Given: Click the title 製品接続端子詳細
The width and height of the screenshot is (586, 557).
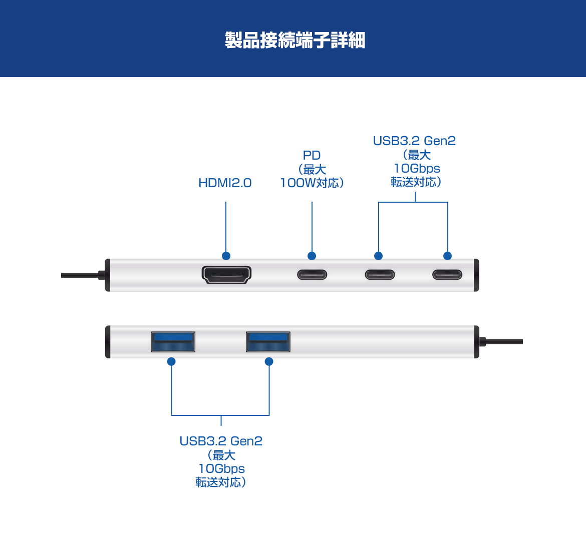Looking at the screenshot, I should pos(295,40).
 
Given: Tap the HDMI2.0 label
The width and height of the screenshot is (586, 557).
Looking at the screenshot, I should pos(225,183).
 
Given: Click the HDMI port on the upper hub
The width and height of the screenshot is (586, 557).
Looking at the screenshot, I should pos(226,275).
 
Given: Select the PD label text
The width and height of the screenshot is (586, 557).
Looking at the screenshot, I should pos(312,156).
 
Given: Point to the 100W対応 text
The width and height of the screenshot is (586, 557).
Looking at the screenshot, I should pos(312,183).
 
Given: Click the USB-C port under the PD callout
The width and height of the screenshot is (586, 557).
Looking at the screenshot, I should pos(312,275).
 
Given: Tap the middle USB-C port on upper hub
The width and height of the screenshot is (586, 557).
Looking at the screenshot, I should pos(380,275).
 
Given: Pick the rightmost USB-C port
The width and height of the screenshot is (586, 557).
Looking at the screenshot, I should pos(447,275).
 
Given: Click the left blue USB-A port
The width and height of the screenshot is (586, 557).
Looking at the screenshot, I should pos(173,342).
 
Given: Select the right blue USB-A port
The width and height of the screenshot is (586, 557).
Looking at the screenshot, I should pos(268,342).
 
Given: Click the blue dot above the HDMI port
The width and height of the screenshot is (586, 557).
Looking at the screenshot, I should pos(226,256).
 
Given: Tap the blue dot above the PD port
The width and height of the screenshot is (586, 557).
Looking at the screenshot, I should pos(312,256).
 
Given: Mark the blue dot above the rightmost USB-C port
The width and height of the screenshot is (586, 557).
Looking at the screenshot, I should pos(448,256).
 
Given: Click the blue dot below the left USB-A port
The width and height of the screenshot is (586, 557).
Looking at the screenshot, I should pos(171,361).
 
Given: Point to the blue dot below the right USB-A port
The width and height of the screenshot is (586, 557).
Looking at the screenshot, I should pos(269,361).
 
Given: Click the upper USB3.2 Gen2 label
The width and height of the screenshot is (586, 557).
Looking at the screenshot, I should pos(414,141).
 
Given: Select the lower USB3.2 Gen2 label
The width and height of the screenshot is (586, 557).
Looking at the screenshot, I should pos(221,441).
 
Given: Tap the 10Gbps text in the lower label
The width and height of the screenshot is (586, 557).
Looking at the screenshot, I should pos(221,469).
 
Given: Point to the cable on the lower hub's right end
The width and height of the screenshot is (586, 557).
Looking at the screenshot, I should pos(503,342).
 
